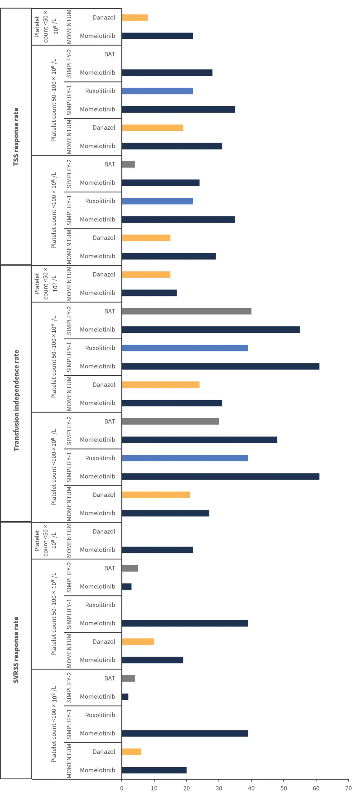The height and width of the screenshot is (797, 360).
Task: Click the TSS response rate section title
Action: (16, 137)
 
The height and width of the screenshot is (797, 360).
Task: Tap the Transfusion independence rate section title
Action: (16, 400)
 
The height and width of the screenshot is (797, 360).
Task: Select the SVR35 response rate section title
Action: (16, 650)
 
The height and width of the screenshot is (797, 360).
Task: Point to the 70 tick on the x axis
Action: (348, 788)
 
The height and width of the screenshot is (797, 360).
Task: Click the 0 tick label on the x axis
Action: (122, 788)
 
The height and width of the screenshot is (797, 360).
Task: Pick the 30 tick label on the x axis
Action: (219, 788)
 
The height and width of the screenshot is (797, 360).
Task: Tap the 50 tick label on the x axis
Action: (284, 788)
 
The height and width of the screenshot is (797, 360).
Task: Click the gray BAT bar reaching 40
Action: (186, 311)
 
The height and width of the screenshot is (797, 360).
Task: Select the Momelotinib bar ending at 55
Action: (211, 330)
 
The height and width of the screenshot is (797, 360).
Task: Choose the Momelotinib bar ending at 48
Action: (199, 440)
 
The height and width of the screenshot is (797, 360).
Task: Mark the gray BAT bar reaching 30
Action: (170, 421)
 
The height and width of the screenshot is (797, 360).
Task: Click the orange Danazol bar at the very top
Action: (135, 18)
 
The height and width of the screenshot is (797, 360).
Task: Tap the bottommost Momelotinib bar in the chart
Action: (154, 770)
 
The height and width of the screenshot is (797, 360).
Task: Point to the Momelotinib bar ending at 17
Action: (149, 293)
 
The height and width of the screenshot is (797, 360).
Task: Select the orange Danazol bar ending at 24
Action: (161, 385)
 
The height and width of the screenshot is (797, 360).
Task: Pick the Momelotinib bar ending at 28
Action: (167, 73)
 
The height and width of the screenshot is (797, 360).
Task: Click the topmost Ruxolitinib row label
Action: (100, 91)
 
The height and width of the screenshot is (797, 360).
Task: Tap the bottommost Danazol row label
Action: (104, 752)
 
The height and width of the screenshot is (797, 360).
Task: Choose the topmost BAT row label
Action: (110, 54)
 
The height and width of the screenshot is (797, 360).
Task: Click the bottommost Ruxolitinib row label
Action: (100, 715)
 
